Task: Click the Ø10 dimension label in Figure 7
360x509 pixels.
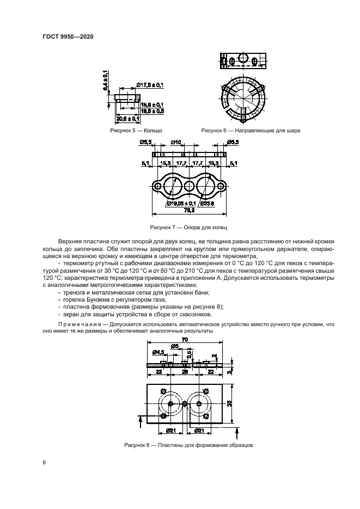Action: coord(176,143)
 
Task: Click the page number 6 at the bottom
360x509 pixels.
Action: coord(44,462)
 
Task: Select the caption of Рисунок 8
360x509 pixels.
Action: coord(187,446)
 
